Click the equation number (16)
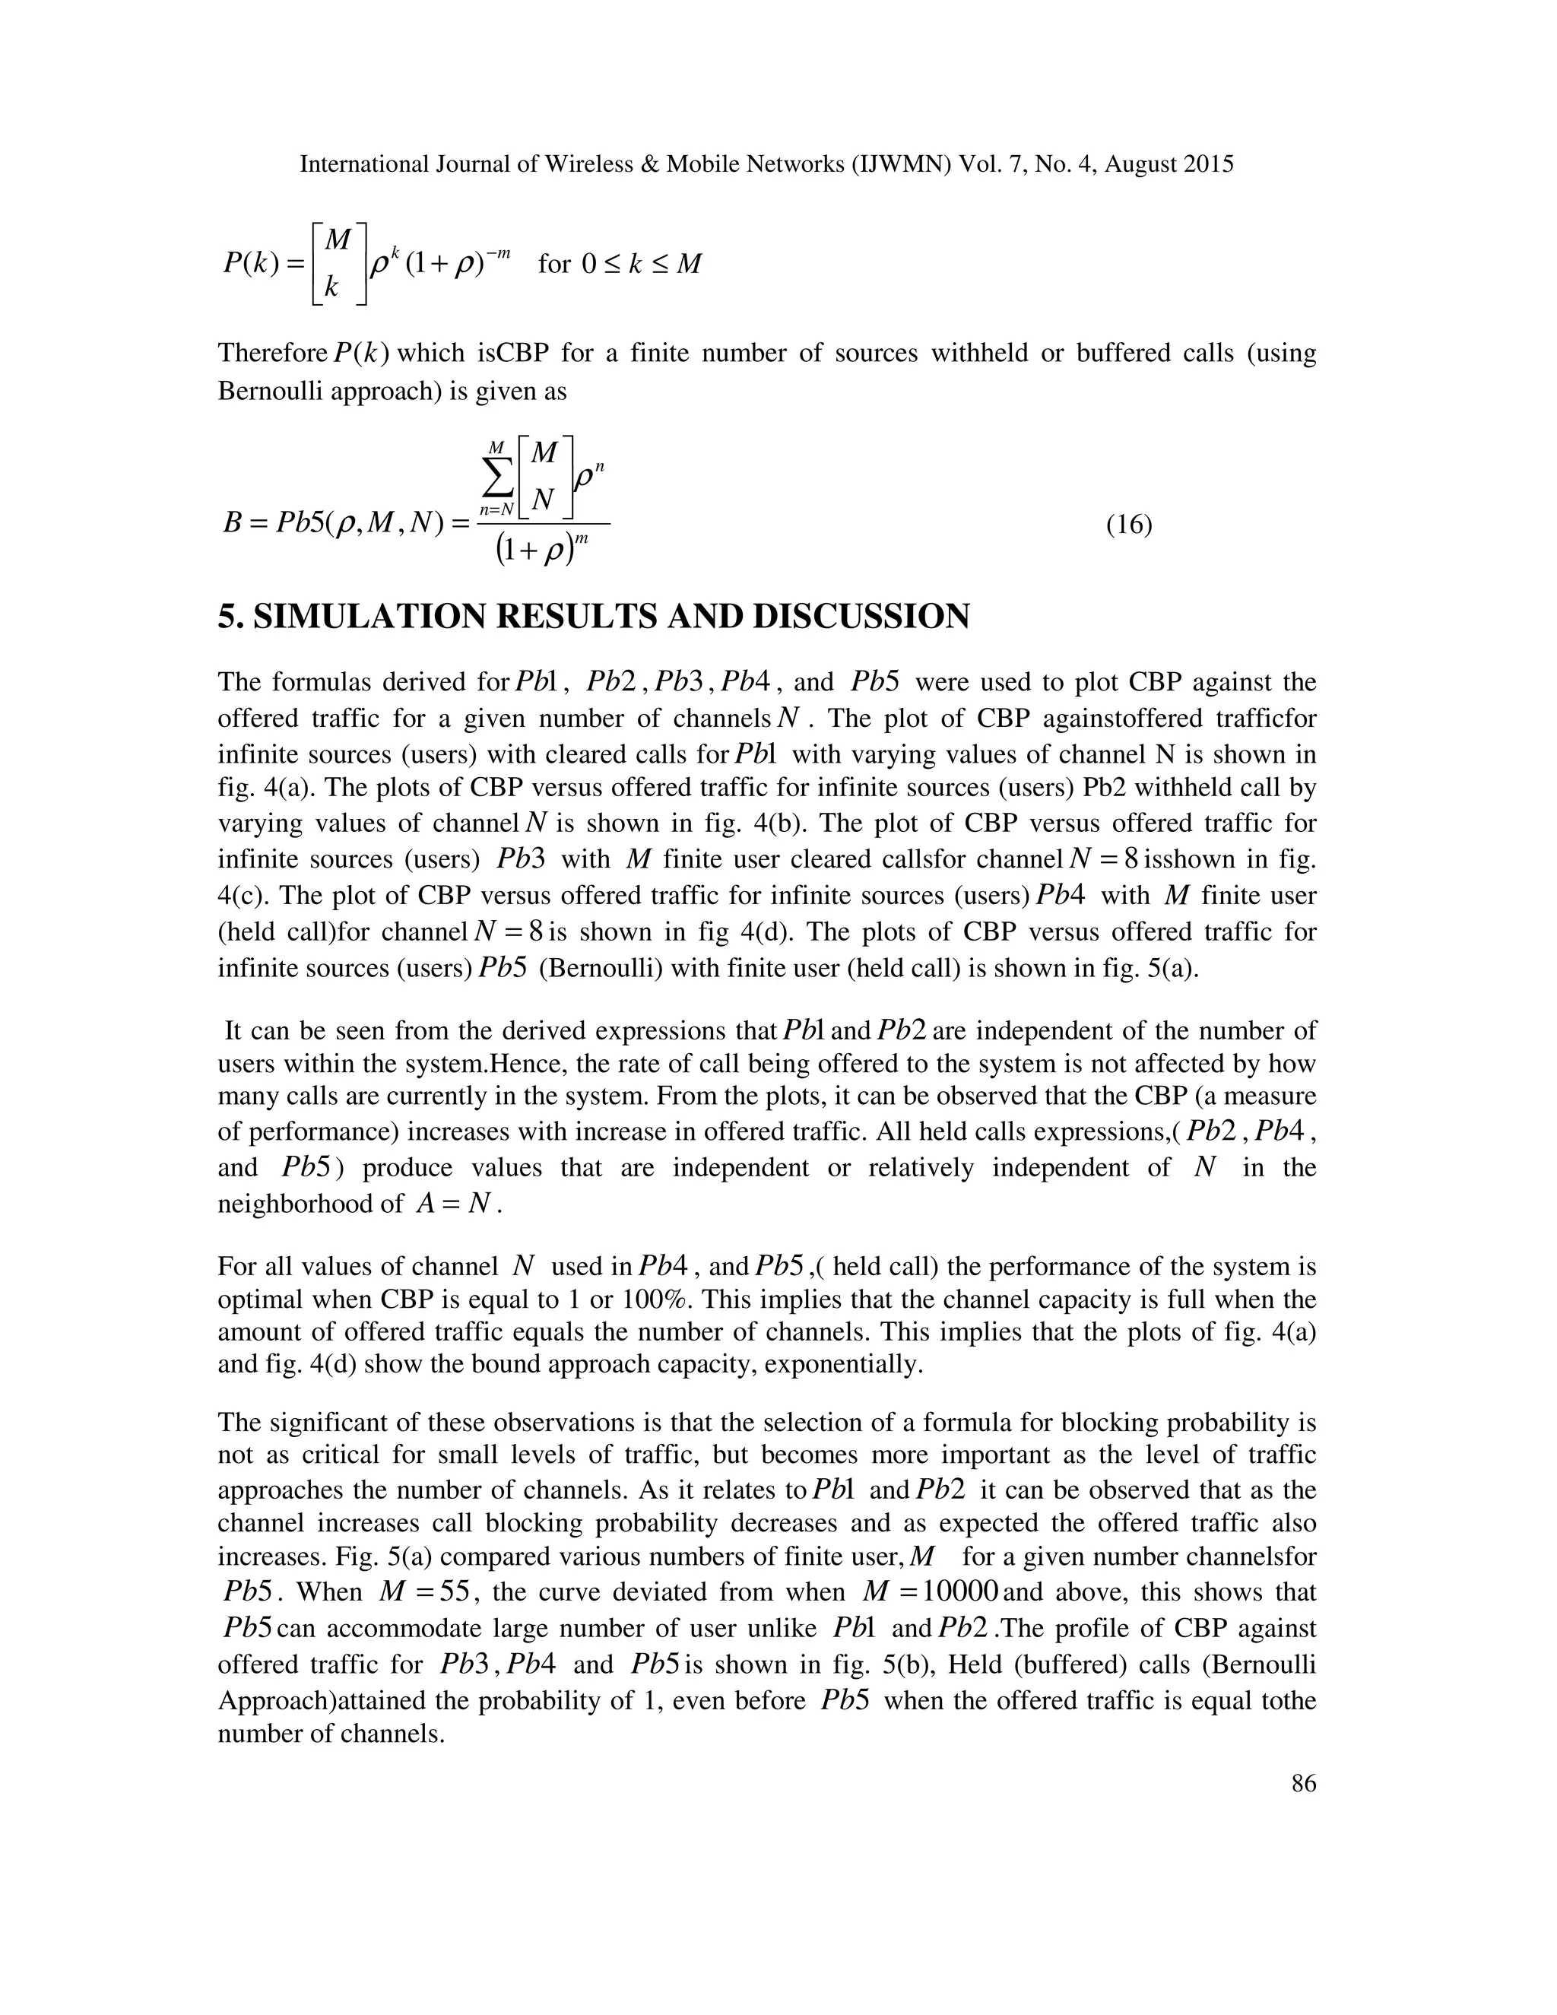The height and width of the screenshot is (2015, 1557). pyautogui.click(x=1129, y=526)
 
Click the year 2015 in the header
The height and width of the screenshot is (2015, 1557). pyautogui.click(x=1208, y=164)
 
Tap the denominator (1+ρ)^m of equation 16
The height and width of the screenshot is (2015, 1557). pyautogui.click(x=541, y=552)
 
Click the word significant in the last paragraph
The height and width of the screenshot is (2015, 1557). pyautogui.click(x=329, y=1423)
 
